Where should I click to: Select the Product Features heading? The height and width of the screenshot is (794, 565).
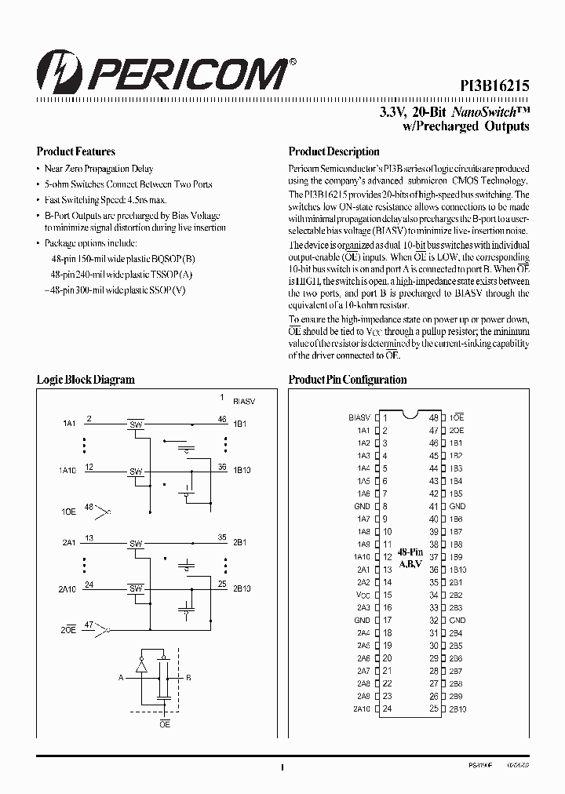76,152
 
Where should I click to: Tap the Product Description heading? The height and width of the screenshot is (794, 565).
334,152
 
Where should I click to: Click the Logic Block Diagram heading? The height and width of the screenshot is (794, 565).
86,380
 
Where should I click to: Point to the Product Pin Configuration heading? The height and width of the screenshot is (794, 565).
348,380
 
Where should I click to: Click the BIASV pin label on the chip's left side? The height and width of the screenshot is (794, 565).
359,417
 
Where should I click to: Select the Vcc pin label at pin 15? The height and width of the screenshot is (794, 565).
363,595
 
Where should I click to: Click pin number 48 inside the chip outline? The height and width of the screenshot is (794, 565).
433,417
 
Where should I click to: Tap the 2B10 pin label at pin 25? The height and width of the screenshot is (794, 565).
458,709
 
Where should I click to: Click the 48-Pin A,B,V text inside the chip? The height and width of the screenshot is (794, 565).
409,558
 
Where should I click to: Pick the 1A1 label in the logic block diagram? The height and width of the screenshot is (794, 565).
69,424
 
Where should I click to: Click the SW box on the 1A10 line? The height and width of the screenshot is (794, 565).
136,472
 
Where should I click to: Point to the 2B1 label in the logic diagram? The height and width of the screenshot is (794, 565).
239,542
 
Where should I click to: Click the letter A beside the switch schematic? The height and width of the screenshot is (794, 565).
120,676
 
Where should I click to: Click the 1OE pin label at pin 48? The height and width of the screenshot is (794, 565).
457,417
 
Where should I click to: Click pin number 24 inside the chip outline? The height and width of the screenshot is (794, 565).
386,709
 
